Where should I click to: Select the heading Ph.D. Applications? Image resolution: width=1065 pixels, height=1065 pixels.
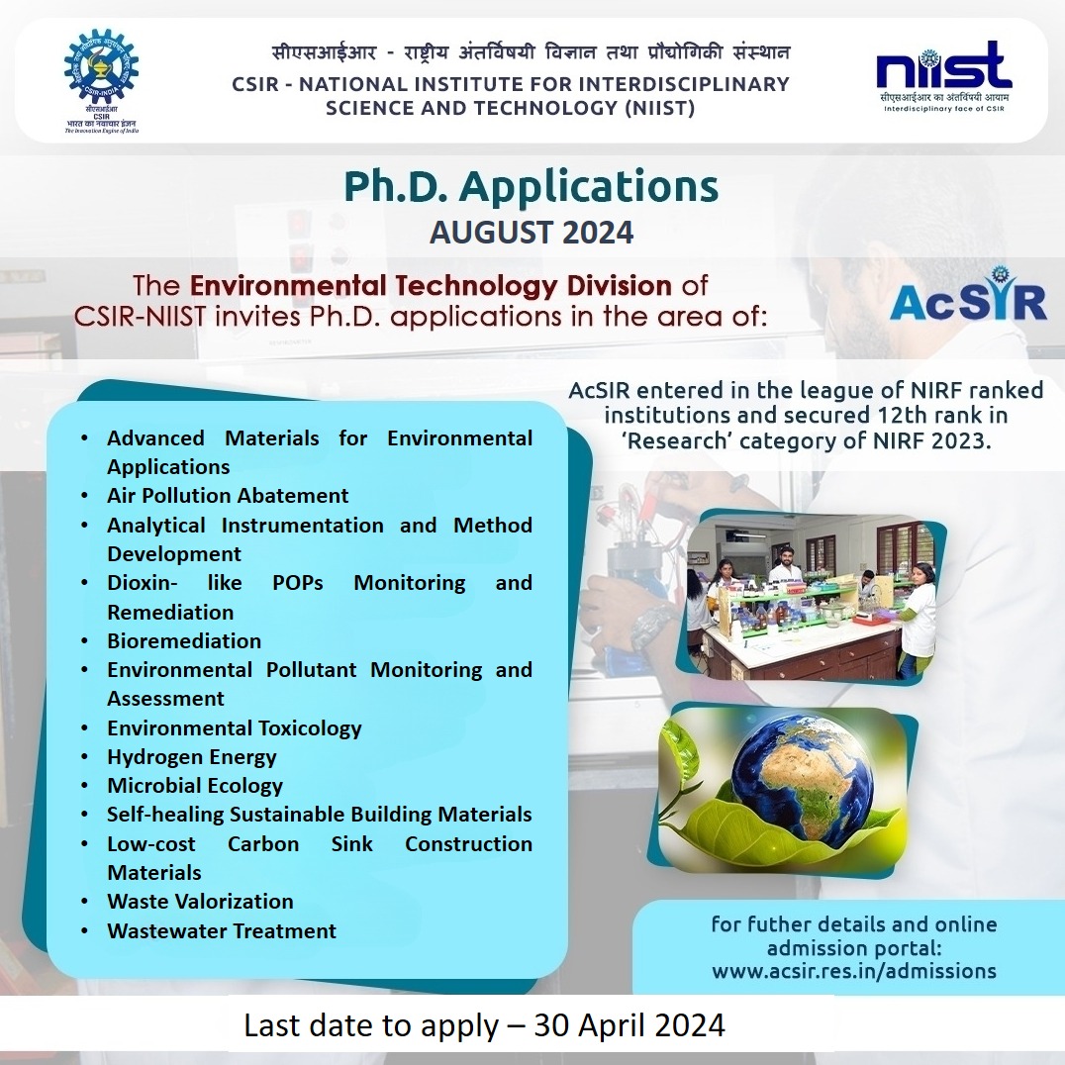(532, 187)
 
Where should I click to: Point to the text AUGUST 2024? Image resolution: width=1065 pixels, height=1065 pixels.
(532, 233)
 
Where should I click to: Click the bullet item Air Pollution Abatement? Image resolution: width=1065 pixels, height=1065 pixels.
(228, 495)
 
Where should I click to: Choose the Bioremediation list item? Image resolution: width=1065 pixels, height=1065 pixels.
(184, 640)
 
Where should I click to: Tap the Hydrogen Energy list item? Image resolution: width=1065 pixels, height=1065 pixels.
(192, 756)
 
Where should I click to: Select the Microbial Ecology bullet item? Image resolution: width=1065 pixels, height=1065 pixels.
(195, 785)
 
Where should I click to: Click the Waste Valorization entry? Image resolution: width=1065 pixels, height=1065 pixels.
(200, 902)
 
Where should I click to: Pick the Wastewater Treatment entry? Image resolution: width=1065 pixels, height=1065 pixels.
(222, 930)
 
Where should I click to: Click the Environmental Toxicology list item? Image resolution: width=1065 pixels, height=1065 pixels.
(235, 728)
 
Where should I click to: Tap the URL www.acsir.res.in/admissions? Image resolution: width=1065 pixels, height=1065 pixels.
(854, 971)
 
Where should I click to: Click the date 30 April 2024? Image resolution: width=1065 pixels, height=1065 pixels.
(629, 1025)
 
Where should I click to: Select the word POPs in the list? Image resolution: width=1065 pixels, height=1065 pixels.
(298, 583)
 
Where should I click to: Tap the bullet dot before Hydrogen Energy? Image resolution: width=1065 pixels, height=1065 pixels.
(84, 756)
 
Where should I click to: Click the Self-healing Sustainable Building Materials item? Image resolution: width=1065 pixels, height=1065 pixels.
(320, 815)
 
